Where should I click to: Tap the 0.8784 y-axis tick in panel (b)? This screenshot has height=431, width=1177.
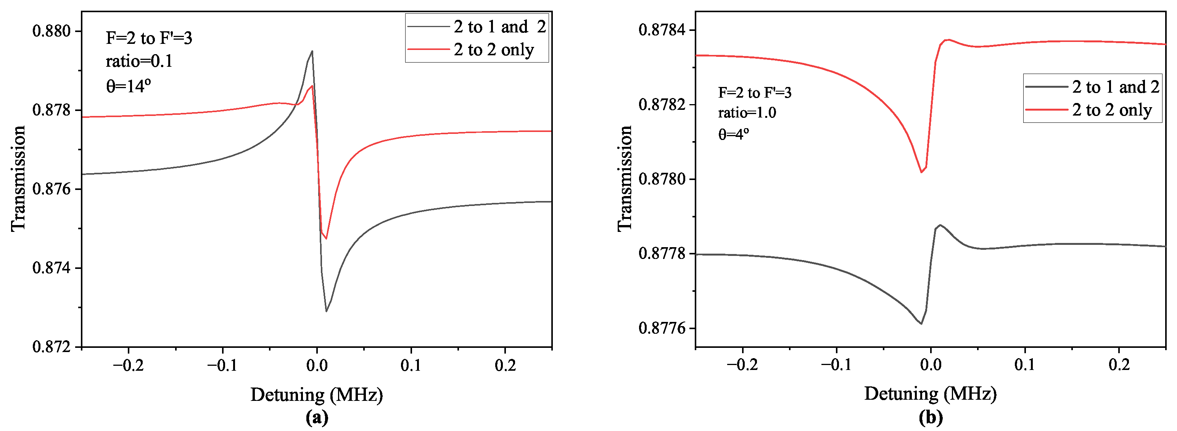pos(665,30)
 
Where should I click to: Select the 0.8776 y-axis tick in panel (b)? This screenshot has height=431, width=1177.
pos(665,328)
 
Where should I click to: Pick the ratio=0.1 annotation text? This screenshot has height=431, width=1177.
pos(139,61)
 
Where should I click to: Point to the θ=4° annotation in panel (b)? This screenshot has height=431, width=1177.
pos(733,134)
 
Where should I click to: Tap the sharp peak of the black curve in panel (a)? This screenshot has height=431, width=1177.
pos(312,51)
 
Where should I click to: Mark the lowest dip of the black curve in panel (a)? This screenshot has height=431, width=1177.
pos(326,311)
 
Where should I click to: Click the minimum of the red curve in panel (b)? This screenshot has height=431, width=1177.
pos(921,172)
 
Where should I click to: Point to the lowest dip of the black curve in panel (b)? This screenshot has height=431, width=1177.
pos(921,324)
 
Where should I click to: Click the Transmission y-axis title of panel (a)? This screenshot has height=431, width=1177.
pos(18,179)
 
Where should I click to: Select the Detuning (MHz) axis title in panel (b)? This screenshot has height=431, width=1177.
pos(930,394)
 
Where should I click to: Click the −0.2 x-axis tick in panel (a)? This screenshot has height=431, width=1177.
pos(129,365)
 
